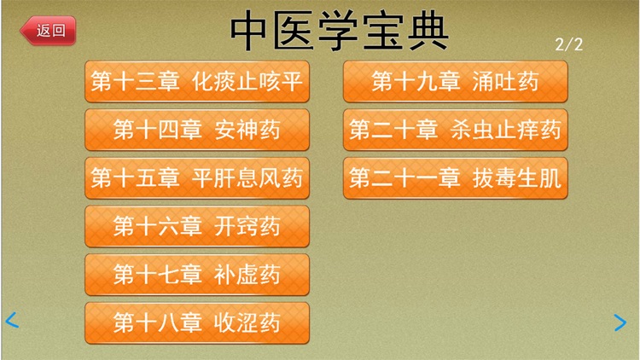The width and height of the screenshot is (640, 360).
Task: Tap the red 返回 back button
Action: pyautogui.click(x=48, y=31)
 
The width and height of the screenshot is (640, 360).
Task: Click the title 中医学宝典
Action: pyautogui.click(x=340, y=30)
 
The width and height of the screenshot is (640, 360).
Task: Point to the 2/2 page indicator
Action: pyautogui.click(x=569, y=44)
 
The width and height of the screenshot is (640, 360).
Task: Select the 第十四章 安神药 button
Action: pyautogui.click(x=197, y=130)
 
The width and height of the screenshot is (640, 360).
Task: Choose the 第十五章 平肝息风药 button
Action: pyautogui.click(x=197, y=178)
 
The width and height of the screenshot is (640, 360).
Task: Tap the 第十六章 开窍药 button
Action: pyautogui.click(x=197, y=226)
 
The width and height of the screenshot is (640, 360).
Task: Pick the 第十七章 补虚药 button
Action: pyautogui.click(x=197, y=275)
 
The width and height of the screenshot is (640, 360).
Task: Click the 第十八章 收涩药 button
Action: pyautogui.click(x=197, y=322)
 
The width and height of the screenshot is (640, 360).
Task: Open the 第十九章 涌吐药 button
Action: pyautogui.click(x=455, y=81)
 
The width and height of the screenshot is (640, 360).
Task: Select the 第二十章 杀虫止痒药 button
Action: pyautogui.click(x=455, y=130)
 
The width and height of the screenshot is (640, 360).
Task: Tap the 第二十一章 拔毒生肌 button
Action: pyautogui.click(x=455, y=178)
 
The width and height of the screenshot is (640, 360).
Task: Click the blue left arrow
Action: pyautogui.click(x=12, y=321)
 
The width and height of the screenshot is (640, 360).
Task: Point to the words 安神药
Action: pyautogui.click(x=248, y=130)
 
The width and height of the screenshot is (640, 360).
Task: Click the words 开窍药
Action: pyautogui.click(x=248, y=226)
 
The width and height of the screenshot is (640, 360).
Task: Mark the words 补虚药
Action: pyautogui.click(x=248, y=275)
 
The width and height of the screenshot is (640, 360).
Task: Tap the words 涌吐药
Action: pyautogui.click(x=506, y=81)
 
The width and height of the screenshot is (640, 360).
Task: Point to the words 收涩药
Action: pyautogui.click(x=248, y=322)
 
